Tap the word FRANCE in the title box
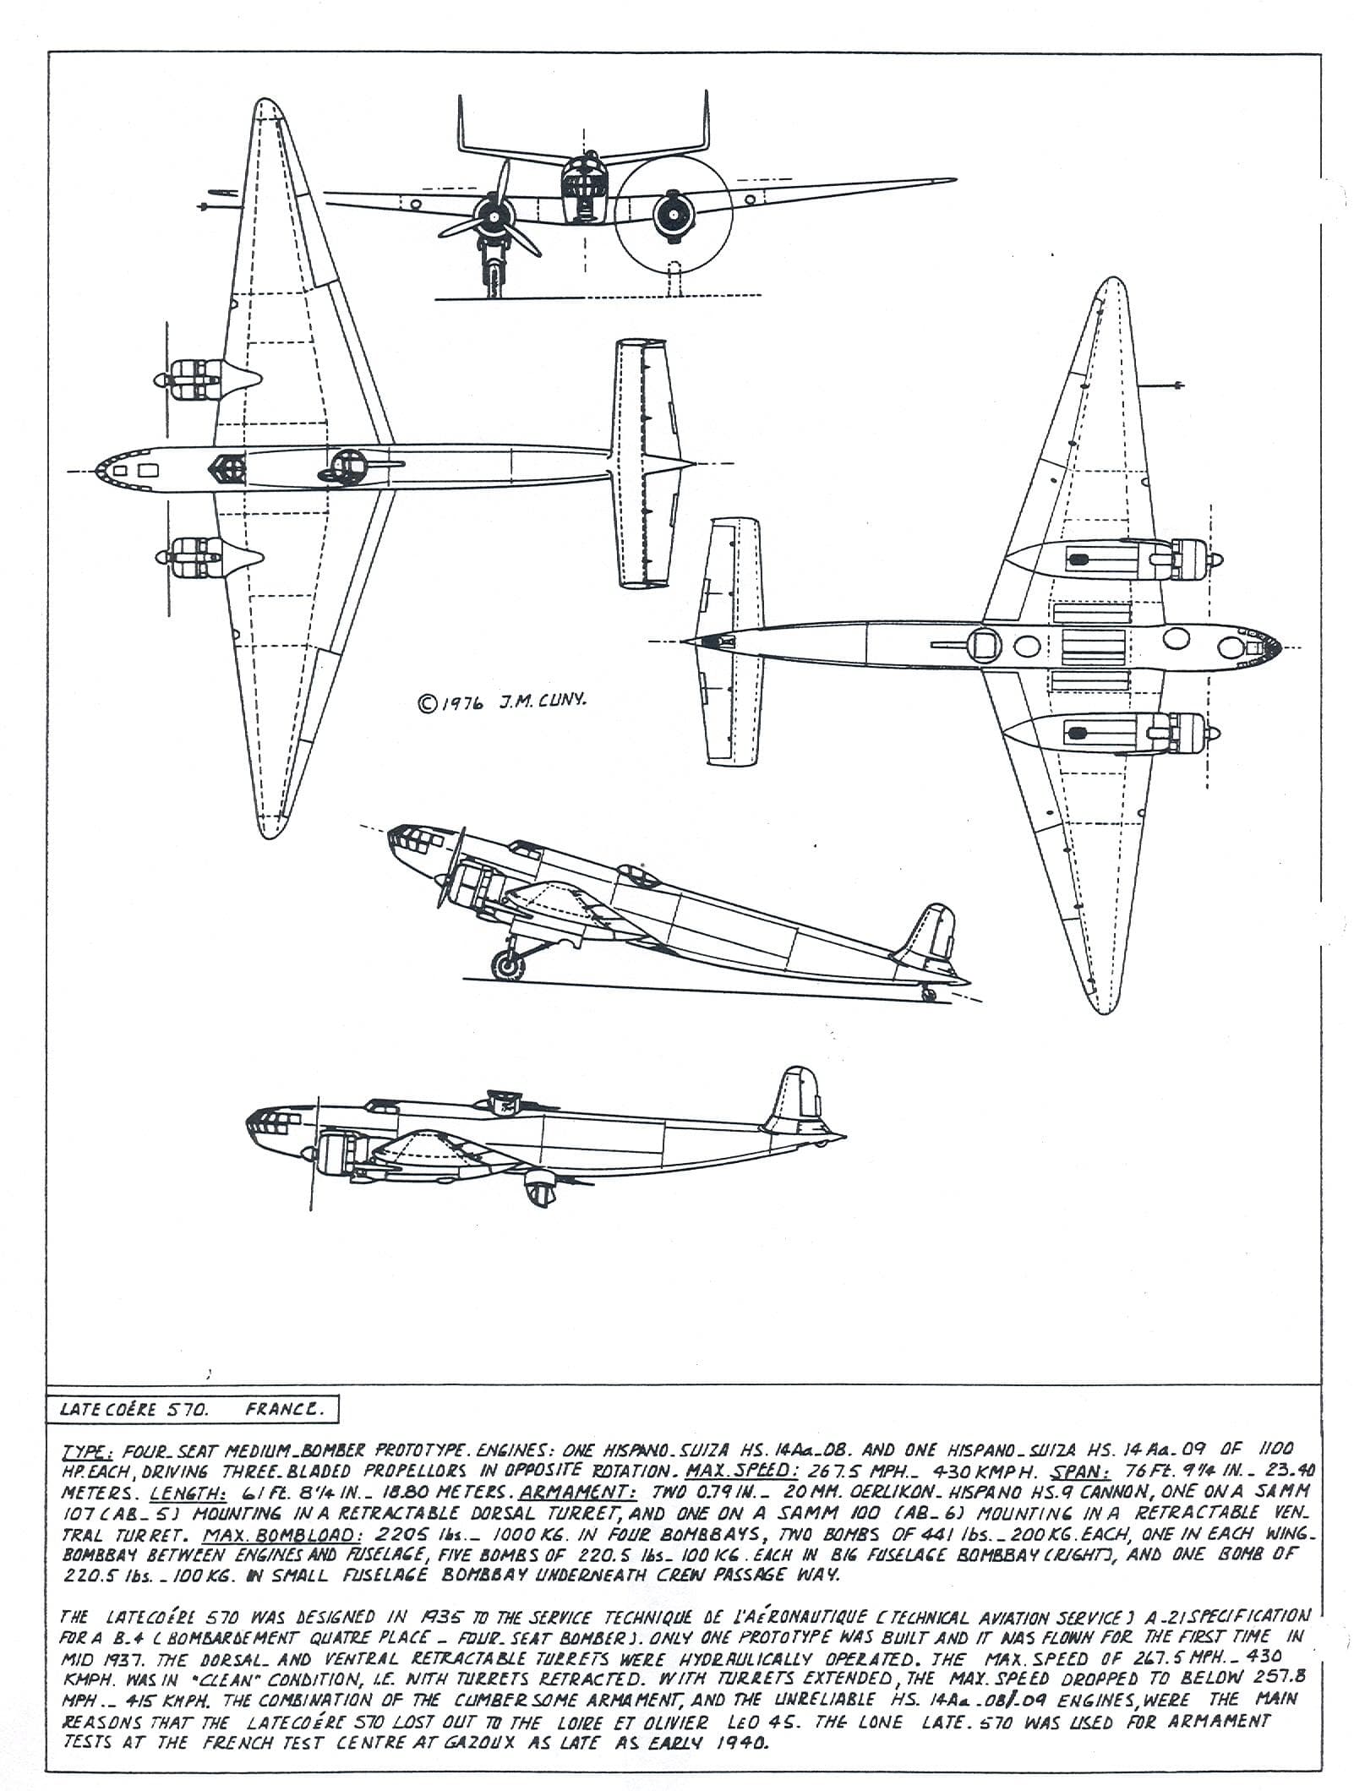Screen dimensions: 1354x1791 (283, 1409)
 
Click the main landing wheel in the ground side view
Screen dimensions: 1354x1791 (509, 964)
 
